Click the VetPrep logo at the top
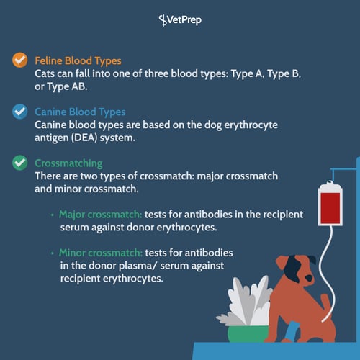click(180, 20)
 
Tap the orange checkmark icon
click(20, 60)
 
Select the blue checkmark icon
click(20, 112)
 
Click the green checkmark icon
click(20, 163)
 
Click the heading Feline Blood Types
click(78, 61)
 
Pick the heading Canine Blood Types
click(80, 112)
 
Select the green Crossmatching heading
click(68, 163)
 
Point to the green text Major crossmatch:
click(100, 215)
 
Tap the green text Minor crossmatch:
click(101, 253)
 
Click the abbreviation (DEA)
click(84, 138)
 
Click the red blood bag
click(330, 204)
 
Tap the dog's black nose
click(309, 279)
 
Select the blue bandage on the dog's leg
click(292, 331)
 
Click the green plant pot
click(248, 334)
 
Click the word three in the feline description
click(156, 73)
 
